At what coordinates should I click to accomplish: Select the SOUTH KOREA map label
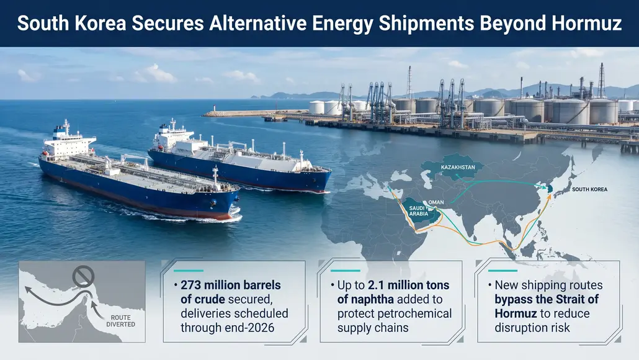pyautogui.click(x=589, y=189)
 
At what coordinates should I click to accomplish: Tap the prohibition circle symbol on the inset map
pyautogui.click(x=83, y=275)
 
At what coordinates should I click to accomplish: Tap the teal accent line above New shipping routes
pyautogui.click(x=503, y=271)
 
